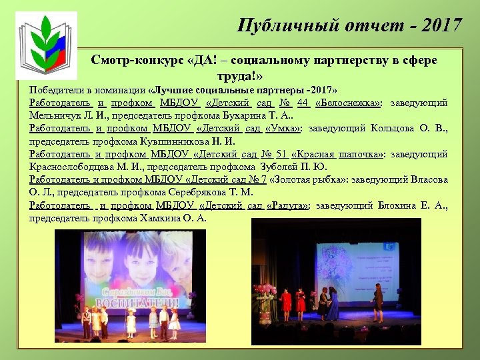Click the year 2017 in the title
pyautogui.click(x=441, y=26)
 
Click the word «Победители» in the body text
pyautogui.click(x=54, y=90)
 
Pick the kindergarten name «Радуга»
pyautogui.click(x=287, y=205)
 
